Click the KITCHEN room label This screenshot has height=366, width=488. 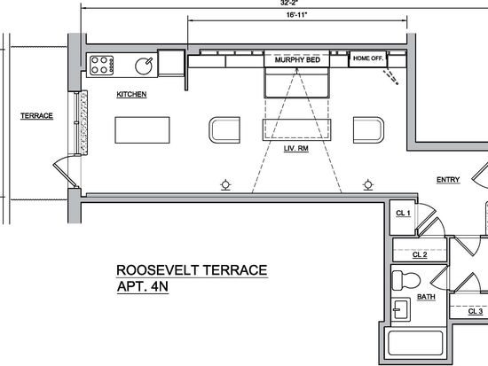click(x=131, y=94)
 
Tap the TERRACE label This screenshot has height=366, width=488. click(x=36, y=116)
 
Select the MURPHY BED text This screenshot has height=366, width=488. click(x=297, y=59)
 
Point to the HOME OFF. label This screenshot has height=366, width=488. click(x=368, y=58)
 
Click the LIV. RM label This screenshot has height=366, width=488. click(x=296, y=148)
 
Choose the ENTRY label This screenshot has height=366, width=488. click(x=448, y=180)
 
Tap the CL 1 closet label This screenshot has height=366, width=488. click(x=403, y=214)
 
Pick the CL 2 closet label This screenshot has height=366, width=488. click(x=420, y=254)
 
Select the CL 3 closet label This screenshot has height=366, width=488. click(x=476, y=311)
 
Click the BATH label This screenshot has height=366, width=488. click(x=426, y=297)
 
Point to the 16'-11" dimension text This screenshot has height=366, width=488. click(x=297, y=14)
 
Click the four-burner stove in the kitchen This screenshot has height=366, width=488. click(x=101, y=65)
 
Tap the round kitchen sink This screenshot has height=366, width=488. click(x=144, y=66)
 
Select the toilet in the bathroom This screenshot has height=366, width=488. click(x=405, y=281)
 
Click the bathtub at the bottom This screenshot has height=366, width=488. click(x=415, y=343)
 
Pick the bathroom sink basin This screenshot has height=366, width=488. click(x=401, y=309)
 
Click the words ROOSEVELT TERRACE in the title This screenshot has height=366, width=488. click(x=192, y=270)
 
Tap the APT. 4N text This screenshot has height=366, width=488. click(x=143, y=286)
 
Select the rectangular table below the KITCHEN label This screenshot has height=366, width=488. click(x=142, y=130)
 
